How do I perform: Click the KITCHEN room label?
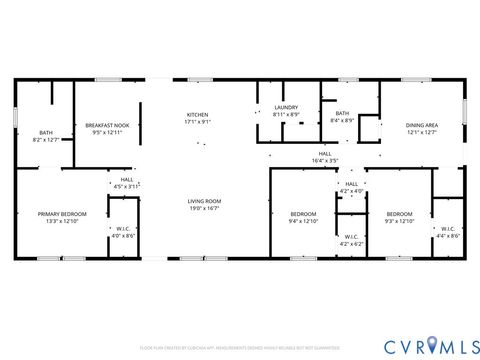[x=197, y=115]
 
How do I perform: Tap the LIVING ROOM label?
[x=204, y=202]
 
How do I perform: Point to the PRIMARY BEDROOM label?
[x=62, y=214]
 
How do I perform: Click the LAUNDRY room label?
[x=287, y=109]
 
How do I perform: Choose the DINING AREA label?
[x=422, y=125]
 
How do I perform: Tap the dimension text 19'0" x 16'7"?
[x=204, y=208]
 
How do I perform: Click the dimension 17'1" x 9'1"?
[x=197, y=122]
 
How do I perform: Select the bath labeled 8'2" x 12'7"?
[x=46, y=136]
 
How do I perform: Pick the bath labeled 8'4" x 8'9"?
[x=342, y=118]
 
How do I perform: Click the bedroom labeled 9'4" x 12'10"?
[x=303, y=217]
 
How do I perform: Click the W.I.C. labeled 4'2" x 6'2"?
[x=351, y=240]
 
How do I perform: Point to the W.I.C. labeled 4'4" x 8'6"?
[x=447, y=232]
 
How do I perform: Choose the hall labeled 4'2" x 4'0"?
[x=351, y=187]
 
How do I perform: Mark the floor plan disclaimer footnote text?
[x=240, y=348]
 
